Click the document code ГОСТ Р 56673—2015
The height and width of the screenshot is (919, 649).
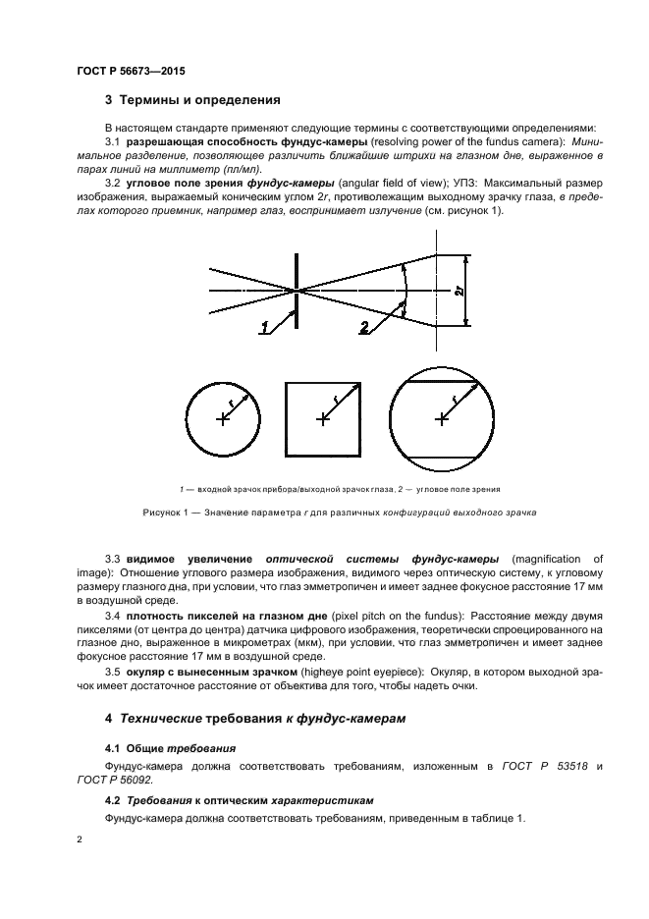(x=131, y=72)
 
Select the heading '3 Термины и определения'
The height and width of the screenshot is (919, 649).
(x=192, y=99)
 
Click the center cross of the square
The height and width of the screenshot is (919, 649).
(x=322, y=419)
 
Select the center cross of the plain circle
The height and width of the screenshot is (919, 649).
(x=224, y=419)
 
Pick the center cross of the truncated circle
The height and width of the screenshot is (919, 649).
(x=441, y=419)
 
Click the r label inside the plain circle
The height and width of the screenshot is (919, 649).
(x=232, y=402)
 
